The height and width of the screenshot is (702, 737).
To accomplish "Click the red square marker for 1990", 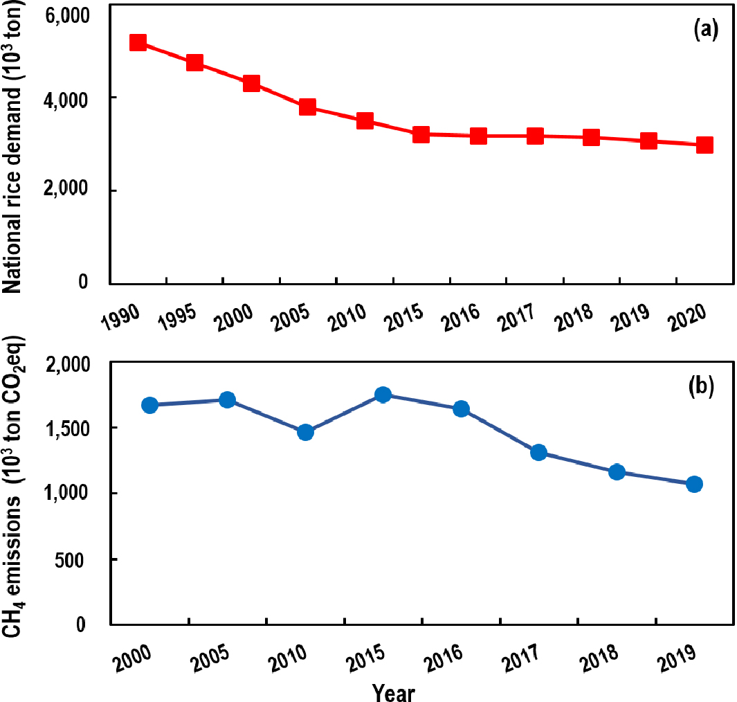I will pos(138,43).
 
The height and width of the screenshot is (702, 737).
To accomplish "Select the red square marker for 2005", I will pos(308,107).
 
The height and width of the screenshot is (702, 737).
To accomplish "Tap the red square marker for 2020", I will pos(704,145).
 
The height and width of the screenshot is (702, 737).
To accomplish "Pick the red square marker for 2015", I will pos(421,134).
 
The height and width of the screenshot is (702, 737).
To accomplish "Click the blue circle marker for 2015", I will pos(383,395).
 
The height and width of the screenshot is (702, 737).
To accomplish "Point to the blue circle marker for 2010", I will pos(305,433).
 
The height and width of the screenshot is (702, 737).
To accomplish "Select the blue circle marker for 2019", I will pos(694,484).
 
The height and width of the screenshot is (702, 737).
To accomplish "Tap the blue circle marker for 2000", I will pos(149,405).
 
